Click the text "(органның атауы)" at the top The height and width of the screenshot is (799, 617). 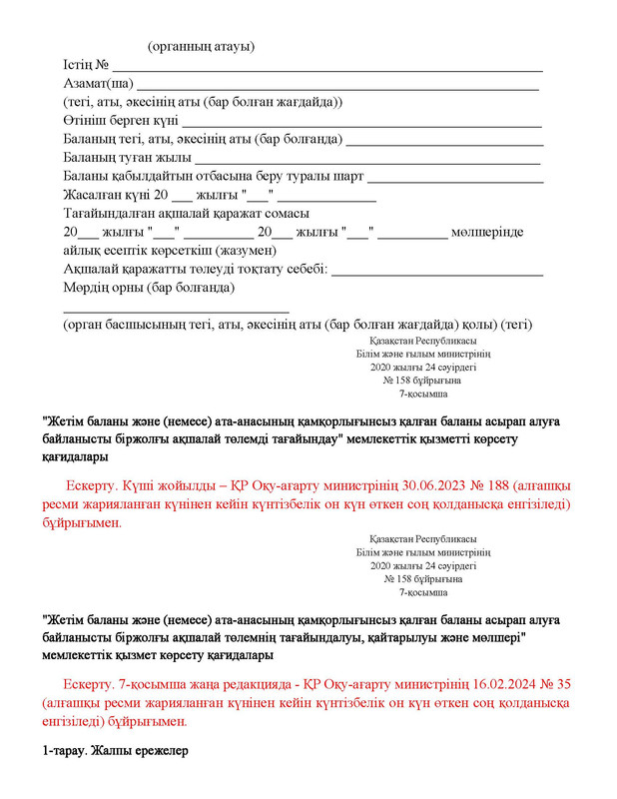click(x=201, y=47)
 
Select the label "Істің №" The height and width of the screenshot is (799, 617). click(x=86, y=65)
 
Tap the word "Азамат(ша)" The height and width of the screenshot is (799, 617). click(x=98, y=84)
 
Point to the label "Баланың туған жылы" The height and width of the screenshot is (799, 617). click(x=126, y=158)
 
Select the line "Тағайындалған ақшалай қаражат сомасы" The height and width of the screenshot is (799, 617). click(x=186, y=213)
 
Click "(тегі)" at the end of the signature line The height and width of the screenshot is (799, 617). click(x=517, y=325)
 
